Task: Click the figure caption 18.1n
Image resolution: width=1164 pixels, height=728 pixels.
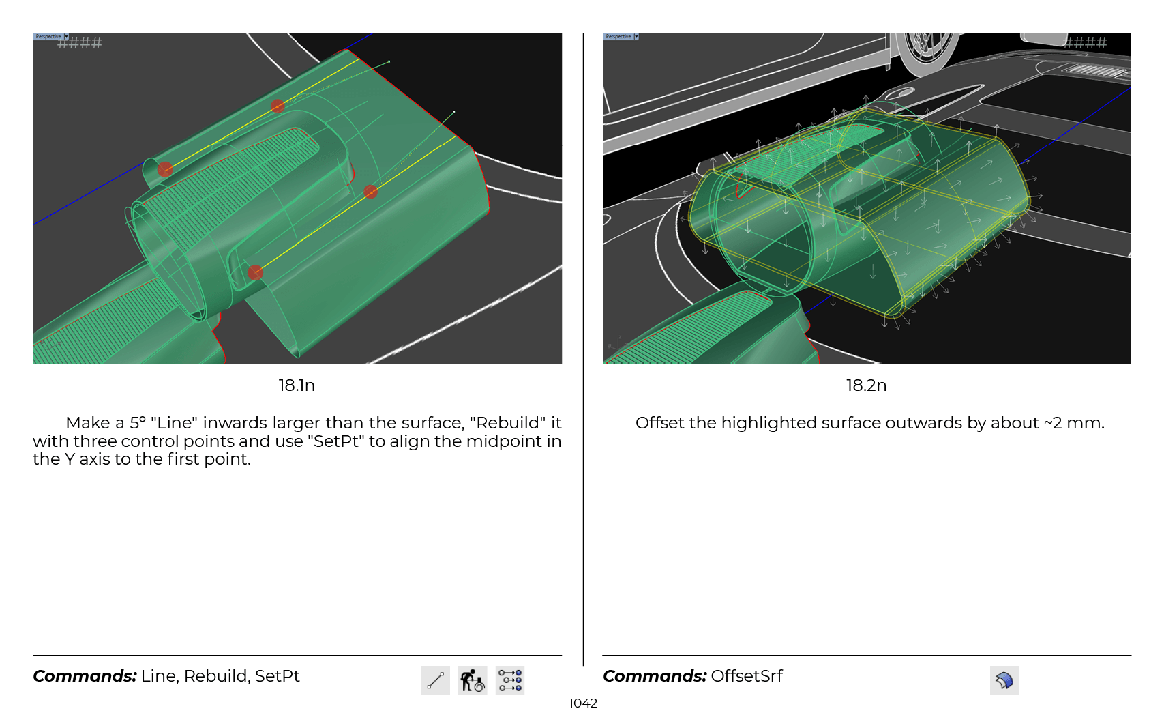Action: tap(296, 385)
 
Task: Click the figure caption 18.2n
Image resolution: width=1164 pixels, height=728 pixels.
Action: tap(866, 385)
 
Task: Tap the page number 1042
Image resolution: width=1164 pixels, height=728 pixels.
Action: tap(582, 703)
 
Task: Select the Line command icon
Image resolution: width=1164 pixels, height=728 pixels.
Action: tap(435, 680)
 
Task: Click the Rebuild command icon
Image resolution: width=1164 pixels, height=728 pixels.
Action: tap(473, 680)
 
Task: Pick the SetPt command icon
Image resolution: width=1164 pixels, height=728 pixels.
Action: tap(510, 680)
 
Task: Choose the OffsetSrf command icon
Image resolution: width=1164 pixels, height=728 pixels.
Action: tap(1004, 680)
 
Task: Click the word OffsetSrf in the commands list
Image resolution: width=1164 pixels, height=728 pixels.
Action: tap(746, 676)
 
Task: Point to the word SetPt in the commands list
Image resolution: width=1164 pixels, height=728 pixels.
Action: tap(277, 676)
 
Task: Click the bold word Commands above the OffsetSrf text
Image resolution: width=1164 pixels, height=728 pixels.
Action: tap(655, 676)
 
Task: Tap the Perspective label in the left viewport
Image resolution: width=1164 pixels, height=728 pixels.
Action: tap(48, 36)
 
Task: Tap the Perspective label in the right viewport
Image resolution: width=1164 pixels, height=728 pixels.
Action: tap(618, 36)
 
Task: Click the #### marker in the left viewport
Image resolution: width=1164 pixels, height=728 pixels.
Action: tap(80, 42)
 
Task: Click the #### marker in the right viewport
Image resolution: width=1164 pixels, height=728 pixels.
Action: tap(1086, 42)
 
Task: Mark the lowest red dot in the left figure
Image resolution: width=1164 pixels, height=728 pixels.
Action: tap(255, 272)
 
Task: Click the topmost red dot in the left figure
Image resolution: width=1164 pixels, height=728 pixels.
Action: tap(278, 106)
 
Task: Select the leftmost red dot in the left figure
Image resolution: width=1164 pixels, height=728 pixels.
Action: tap(165, 169)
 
